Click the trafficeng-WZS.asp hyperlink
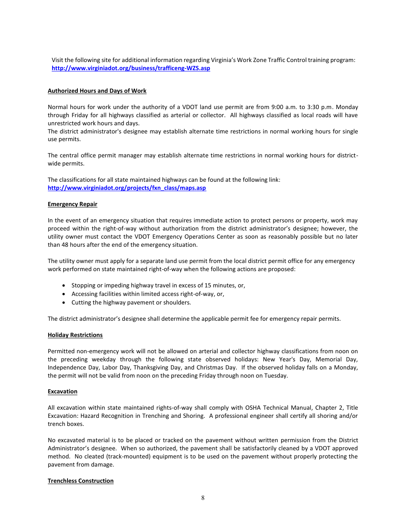[x=131, y=68]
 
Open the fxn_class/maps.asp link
[x=127, y=188]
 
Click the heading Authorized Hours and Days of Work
[x=97, y=91]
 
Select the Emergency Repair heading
[x=73, y=204]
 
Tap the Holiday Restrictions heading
[x=75, y=335]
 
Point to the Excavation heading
[x=62, y=392]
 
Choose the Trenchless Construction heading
[x=81, y=481]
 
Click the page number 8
[x=203, y=498]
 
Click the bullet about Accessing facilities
[x=148, y=294]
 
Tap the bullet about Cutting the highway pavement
[x=131, y=303]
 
